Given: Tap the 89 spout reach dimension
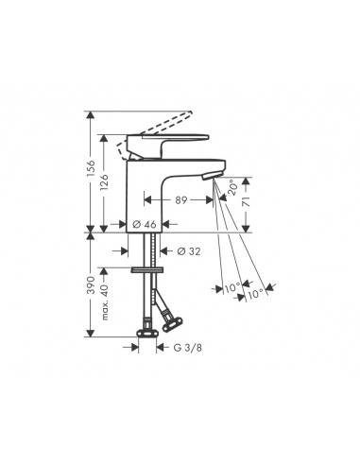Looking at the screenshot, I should (181, 199).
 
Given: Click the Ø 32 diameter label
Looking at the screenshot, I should (189, 250).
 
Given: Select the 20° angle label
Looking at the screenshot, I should (232, 190).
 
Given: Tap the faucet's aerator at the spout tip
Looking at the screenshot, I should (213, 177).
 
